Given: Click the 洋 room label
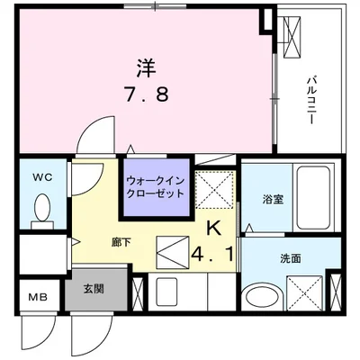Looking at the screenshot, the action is click(147, 67).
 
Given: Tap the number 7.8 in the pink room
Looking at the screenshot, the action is click(147, 94).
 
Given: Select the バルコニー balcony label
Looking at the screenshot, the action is click(310, 100).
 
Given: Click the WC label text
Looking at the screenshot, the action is click(42, 177).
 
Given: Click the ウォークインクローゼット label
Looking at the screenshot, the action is click(155, 187).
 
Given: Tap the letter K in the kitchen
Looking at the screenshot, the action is click(214, 229).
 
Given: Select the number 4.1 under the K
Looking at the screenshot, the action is click(213, 255).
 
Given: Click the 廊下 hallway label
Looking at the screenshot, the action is click(121, 242).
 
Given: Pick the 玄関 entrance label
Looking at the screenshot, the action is click(94, 289).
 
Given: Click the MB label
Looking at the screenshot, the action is click(38, 297).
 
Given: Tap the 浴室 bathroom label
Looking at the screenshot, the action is click(273, 200).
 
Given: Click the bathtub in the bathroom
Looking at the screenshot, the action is click(313, 198).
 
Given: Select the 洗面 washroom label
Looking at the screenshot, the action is click(291, 258).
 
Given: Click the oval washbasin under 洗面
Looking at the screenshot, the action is click(263, 297).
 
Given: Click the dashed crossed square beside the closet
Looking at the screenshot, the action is click(214, 190).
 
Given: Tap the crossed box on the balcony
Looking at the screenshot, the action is click(292, 37).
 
